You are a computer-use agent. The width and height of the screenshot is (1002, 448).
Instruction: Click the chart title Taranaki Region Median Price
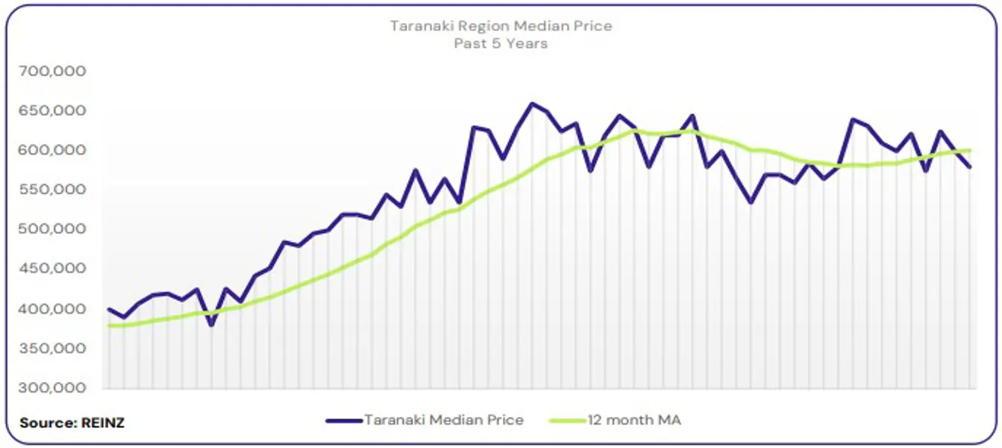pos(501,26)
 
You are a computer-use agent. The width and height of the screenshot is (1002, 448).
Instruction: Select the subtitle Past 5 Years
pos(501,43)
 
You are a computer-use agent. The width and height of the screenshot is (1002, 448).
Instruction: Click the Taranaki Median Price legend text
pos(444,420)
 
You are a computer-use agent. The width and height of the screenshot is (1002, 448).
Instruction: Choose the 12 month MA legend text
pos(634,420)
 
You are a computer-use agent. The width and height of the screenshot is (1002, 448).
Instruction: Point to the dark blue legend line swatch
pos(344,420)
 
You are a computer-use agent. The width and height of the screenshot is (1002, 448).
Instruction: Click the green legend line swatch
pos(567,420)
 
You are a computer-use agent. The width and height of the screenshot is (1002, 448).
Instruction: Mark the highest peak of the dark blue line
pos(532,104)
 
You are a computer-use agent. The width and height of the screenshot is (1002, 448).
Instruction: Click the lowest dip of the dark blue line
pos(211,325)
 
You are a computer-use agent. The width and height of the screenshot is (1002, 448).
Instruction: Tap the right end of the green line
pos(970,150)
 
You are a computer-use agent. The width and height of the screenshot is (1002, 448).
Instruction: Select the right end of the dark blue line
pos(970,167)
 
